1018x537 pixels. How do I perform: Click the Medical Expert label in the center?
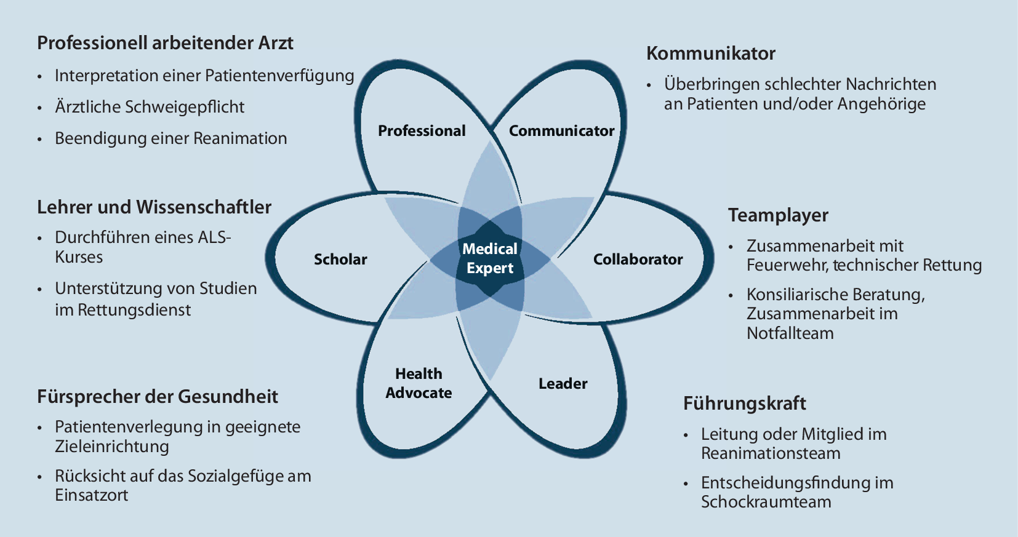point(490,258)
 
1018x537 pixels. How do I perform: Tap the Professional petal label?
point(422,131)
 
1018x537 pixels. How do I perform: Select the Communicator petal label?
point(561,131)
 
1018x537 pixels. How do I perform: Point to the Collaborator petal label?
point(638,260)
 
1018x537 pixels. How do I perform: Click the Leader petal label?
point(563,384)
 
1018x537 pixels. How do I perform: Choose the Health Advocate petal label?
point(419,383)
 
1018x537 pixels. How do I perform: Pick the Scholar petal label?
point(340,260)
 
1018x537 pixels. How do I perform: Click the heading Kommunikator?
point(710,54)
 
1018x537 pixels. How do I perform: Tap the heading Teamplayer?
point(778,215)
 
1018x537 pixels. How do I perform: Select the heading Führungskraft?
point(744,404)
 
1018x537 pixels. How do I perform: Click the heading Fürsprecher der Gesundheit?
point(158,396)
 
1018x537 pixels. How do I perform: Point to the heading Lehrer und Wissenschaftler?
point(154,207)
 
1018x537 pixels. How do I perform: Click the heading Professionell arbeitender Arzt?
point(165,43)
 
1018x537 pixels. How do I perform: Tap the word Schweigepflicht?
point(185,107)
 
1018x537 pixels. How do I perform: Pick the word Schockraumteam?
point(766,502)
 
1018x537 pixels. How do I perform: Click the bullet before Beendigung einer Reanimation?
point(40,139)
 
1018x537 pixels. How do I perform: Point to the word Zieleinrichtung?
point(111,447)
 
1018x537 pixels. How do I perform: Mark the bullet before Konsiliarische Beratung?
point(731,296)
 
